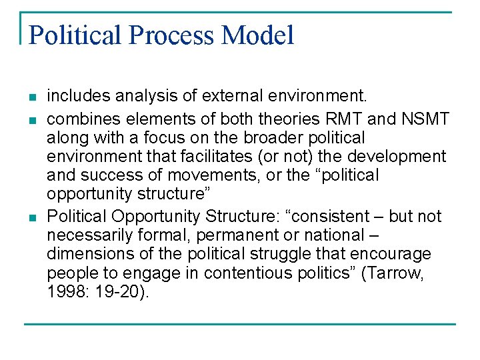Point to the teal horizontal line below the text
coord(240,325)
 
